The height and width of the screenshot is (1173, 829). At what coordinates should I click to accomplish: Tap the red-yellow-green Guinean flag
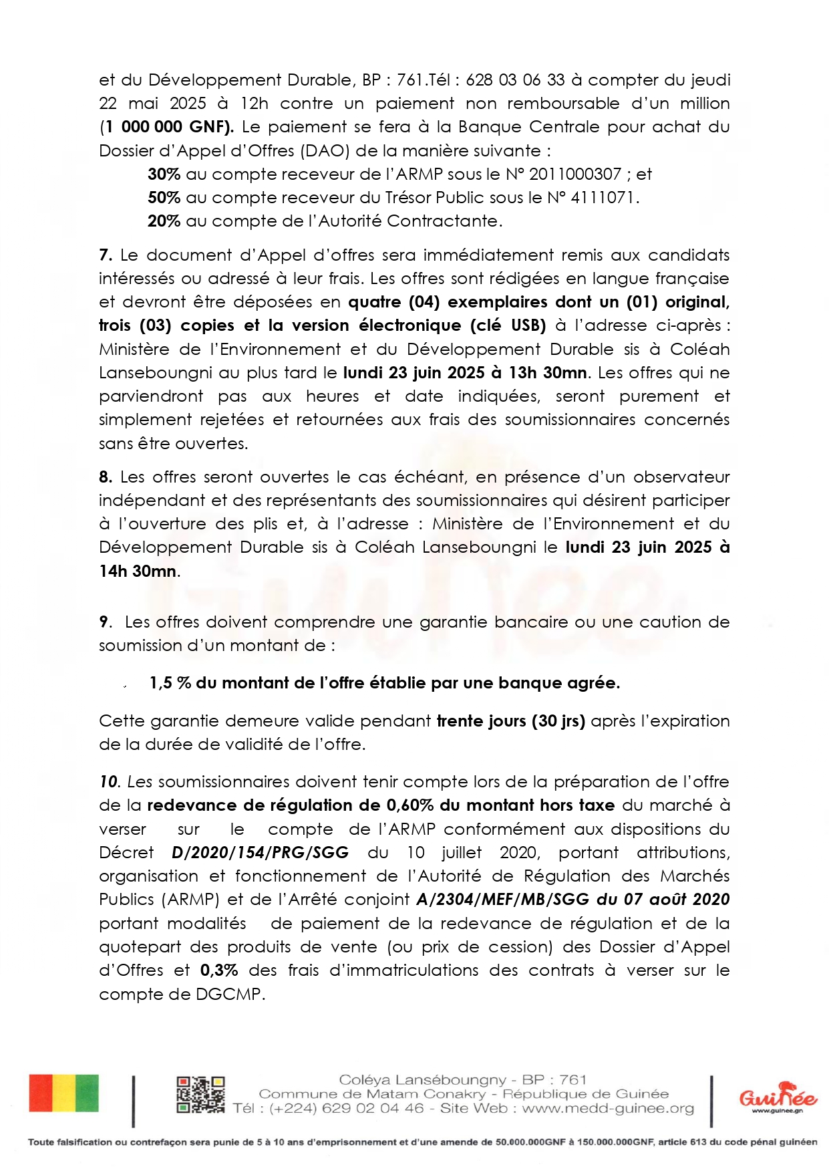click(63, 1093)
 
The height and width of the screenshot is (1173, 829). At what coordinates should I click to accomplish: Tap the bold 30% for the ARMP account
click(164, 174)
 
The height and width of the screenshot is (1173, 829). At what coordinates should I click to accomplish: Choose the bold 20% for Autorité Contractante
click(164, 221)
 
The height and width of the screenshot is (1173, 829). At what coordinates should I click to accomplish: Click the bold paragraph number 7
click(105, 255)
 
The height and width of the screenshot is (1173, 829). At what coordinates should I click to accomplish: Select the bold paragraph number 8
click(105, 477)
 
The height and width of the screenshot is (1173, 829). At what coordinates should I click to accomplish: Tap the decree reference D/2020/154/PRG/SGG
click(261, 853)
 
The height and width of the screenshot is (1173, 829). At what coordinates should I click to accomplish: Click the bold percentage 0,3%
click(218, 970)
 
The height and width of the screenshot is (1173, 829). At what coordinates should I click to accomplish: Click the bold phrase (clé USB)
click(508, 325)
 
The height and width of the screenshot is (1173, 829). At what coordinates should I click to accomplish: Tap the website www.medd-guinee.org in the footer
click(608, 1108)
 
